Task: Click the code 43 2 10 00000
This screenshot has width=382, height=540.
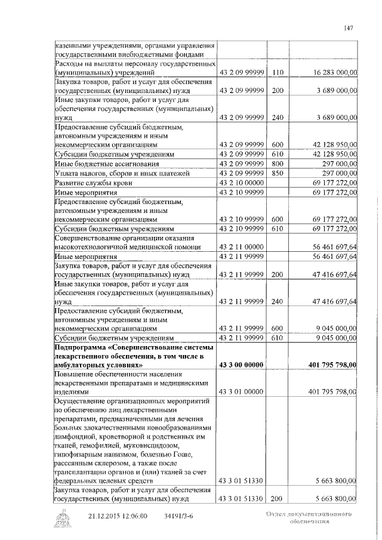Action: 242,183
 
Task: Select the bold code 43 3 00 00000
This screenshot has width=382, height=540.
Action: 242,365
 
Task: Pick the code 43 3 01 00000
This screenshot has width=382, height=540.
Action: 242,392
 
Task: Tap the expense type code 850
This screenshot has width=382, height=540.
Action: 276,173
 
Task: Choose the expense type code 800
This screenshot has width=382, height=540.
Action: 276,163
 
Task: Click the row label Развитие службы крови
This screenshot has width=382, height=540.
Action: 93,183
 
